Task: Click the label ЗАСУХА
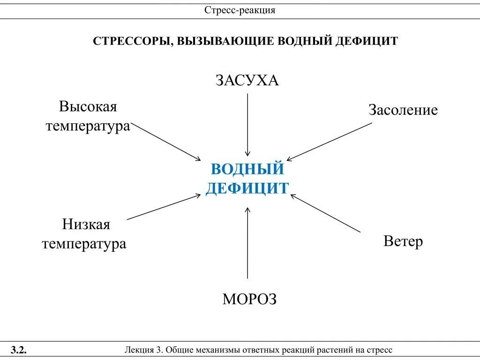(x=247, y=80)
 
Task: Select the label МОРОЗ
(x=249, y=299)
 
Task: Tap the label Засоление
(x=403, y=110)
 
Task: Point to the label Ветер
(x=403, y=241)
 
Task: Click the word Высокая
(x=88, y=106)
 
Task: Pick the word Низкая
(x=86, y=225)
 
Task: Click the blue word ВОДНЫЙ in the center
(x=247, y=169)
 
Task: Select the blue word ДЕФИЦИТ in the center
(x=247, y=188)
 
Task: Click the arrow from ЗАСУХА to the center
(x=247, y=124)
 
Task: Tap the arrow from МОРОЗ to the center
(x=247, y=244)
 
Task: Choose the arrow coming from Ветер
(x=326, y=213)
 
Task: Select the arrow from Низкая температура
(x=164, y=207)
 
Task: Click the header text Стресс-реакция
(x=240, y=10)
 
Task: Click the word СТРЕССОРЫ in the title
(x=132, y=41)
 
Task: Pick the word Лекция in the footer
(x=140, y=350)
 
